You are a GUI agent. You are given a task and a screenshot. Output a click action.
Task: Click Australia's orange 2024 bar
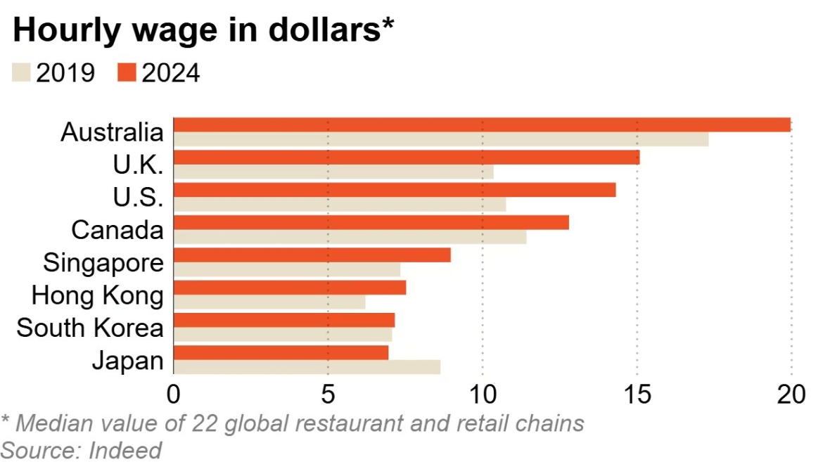tap(482, 124)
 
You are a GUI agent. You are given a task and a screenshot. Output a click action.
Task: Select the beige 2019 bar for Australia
tap(440, 139)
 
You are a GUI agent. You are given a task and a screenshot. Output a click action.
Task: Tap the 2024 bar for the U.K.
tap(406, 157)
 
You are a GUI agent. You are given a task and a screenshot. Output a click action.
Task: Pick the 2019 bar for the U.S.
tap(339, 205)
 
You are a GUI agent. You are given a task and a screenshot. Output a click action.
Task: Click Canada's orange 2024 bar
tap(371, 222)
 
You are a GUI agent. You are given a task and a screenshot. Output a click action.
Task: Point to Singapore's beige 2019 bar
tap(286, 269)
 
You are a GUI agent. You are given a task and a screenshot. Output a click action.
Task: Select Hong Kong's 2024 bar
tap(289, 288)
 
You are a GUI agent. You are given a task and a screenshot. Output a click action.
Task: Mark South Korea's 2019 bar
tap(282, 335)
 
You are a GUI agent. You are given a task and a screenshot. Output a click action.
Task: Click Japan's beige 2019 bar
tap(307, 367)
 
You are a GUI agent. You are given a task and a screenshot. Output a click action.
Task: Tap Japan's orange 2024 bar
tap(281, 352)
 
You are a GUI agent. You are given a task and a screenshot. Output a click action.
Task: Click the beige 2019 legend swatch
tap(22, 72)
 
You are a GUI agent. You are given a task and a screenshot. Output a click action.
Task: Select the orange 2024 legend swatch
tap(127, 72)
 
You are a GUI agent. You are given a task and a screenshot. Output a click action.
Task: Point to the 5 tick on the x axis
tap(328, 395)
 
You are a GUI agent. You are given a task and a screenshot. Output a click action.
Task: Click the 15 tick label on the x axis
tap(637, 395)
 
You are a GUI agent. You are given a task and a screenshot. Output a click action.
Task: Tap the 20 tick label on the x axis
tap(791, 395)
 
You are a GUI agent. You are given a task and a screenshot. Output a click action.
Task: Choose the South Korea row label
tap(90, 328)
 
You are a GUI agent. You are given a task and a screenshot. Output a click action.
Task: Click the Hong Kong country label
tap(97, 295)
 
